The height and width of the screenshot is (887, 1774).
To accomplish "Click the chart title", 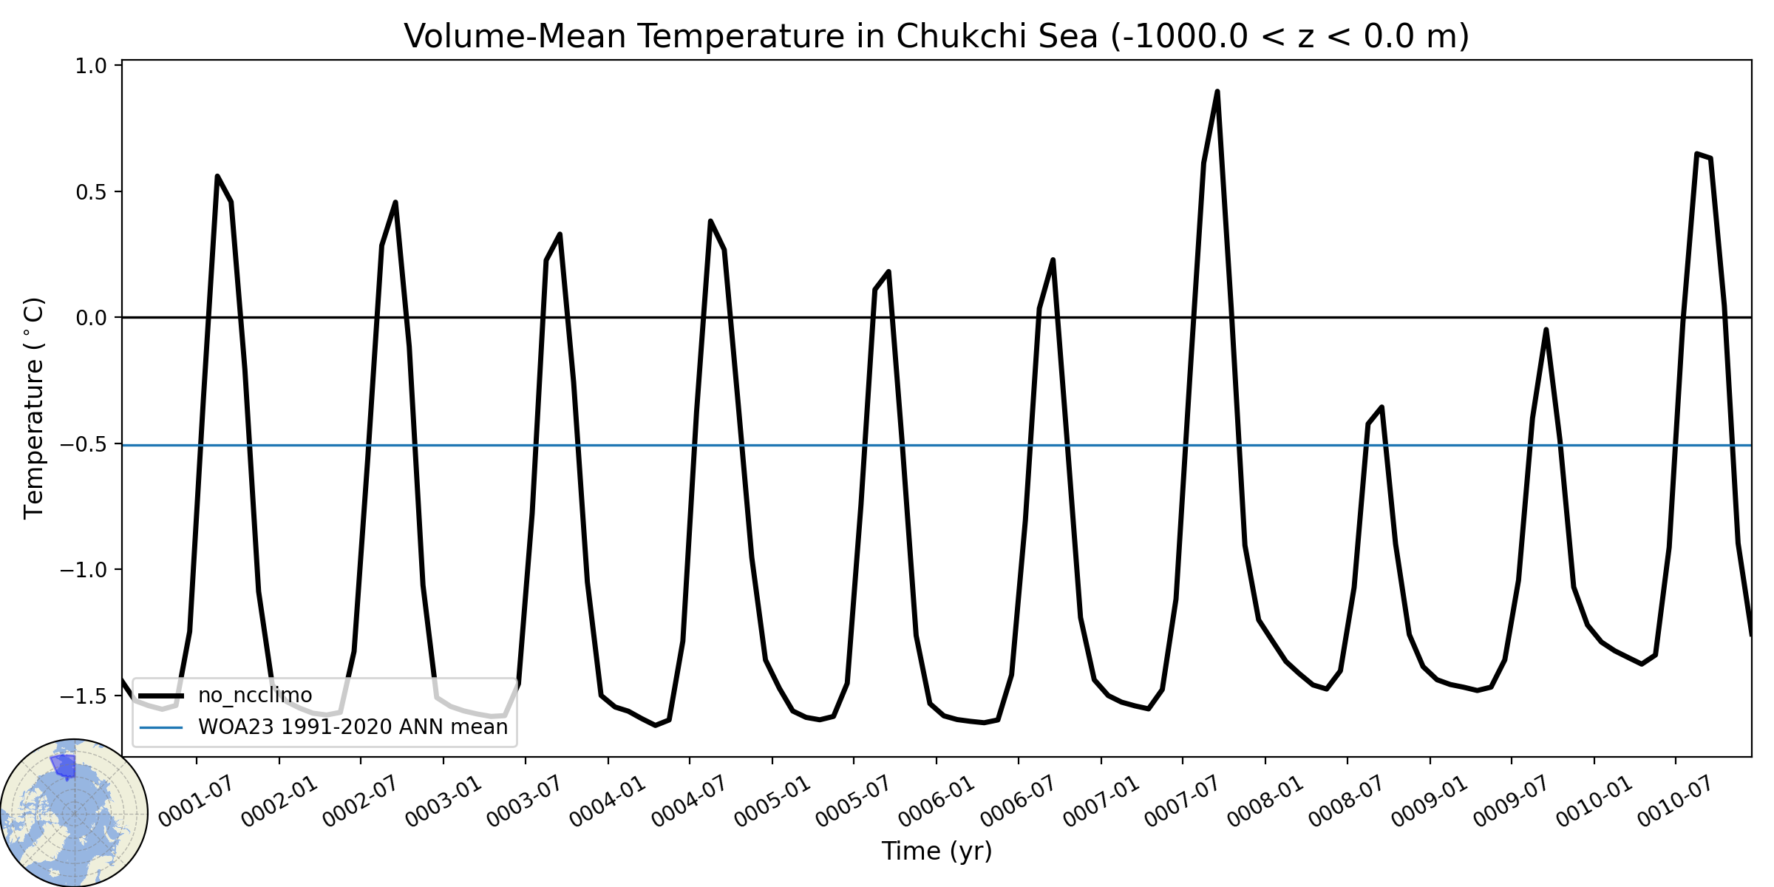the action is pyautogui.click(x=937, y=36).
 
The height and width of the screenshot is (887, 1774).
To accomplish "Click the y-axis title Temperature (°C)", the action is pyautogui.click(x=34, y=408).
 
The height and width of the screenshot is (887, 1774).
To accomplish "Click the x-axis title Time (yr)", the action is pyautogui.click(x=937, y=851).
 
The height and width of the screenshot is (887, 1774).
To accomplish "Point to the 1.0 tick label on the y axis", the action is pyautogui.click(x=91, y=66).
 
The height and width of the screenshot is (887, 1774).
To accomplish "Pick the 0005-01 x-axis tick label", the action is pyautogui.click(x=773, y=802).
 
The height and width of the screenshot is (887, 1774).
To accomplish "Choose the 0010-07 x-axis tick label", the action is pyautogui.click(x=1676, y=802).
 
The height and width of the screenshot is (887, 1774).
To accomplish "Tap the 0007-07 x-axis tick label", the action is pyautogui.click(x=1183, y=802).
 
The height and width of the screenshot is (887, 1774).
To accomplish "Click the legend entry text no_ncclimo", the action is pyautogui.click(x=255, y=696).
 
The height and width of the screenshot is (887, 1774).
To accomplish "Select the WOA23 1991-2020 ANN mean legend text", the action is pyautogui.click(x=353, y=727).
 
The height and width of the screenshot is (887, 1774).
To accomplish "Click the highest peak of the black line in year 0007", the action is pyautogui.click(x=1217, y=92).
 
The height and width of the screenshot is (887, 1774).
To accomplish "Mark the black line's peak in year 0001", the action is pyautogui.click(x=217, y=176).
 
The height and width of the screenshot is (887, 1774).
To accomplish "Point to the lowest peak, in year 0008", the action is pyautogui.click(x=1382, y=407).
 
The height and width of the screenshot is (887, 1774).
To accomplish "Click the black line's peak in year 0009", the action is pyautogui.click(x=1546, y=330).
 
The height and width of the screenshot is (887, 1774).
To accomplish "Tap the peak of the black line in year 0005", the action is pyautogui.click(x=888, y=271).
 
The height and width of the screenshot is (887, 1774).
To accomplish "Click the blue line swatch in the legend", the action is pyautogui.click(x=161, y=727).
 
